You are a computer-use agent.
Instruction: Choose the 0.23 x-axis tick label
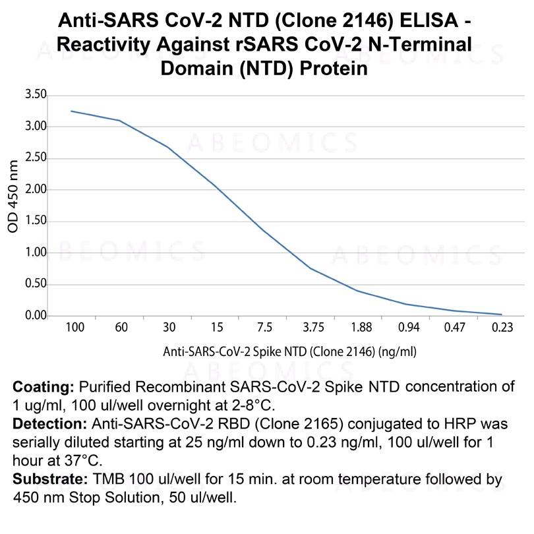coord(502,328)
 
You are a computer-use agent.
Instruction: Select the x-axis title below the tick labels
coord(289,351)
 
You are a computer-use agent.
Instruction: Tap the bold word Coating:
coord(44,386)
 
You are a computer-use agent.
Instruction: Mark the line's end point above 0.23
coord(502,314)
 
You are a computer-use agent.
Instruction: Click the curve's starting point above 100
coord(71,111)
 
